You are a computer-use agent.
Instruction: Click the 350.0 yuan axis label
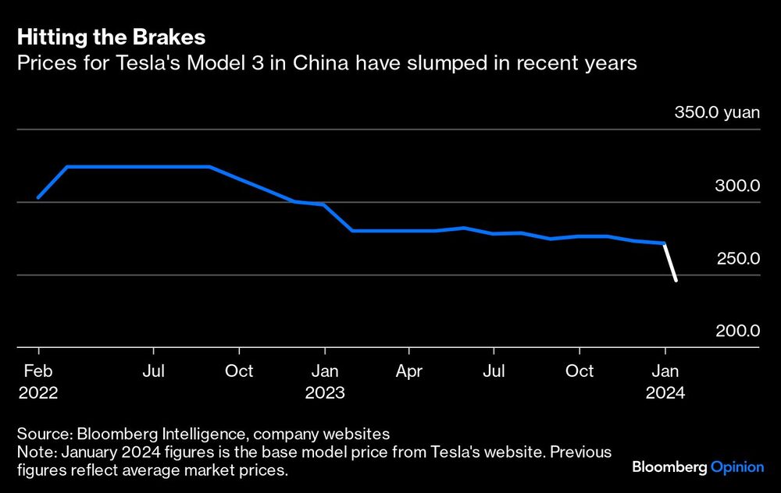[x=717, y=113]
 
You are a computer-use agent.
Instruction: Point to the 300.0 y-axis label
[x=738, y=186]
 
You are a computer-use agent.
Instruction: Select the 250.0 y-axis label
[x=738, y=259]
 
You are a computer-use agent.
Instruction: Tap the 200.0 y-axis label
[x=738, y=332]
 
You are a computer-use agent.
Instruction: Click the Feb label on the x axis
[x=37, y=371]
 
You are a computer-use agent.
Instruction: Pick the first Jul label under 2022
[x=154, y=371]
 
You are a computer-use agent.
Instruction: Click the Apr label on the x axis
[x=408, y=371]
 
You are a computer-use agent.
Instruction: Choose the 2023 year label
[x=325, y=393]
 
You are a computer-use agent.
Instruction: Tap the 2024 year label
[x=665, y=393]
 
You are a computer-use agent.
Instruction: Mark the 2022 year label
[x=37, y=393]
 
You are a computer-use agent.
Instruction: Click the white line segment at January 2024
[x=670, y=262]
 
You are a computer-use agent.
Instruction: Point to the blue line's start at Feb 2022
[x=38, y=197]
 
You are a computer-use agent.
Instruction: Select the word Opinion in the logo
[x=737, y=467]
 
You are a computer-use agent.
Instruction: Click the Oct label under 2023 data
[x=580, y=371]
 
